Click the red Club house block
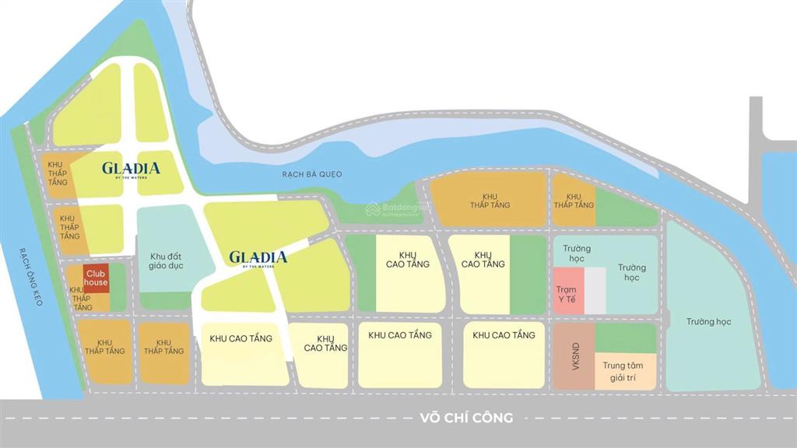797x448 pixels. coord(96,278)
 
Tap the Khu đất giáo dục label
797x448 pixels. coord(164,261)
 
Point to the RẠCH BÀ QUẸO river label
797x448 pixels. coord(312,174)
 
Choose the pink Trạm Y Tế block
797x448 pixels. coord(567,292)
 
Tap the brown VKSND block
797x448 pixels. coord(576,356)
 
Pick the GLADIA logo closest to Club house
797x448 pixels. coord(131,168)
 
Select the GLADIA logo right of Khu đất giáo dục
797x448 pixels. coord(258,257)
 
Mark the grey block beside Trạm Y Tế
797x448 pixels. coord(595,291)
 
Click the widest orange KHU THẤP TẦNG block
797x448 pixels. coord(489,200)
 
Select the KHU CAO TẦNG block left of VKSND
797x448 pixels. coord(503,354)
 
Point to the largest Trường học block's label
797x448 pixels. coord(709,322)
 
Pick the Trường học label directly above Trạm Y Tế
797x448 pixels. coord(578,254)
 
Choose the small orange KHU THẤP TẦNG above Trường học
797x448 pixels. coord(574,201)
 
